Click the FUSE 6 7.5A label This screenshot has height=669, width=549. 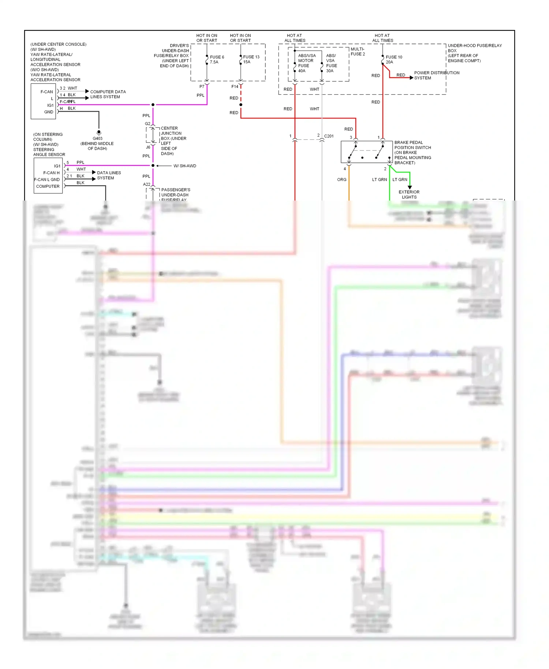pyautogui.click(x=217, y=60)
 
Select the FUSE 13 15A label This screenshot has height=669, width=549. pyautogui.click(x=251, y=59)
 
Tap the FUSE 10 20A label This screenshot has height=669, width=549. pyautogui.click(x=394, y=60)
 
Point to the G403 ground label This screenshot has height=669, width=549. pyautogui.click(x=97, y=138)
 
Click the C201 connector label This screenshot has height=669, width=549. pyautogui.click(x=329, y=136)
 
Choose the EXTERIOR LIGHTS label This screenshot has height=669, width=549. pyautogui.click(x=409, y=194)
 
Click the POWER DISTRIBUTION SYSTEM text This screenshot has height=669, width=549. pyautogui.click(x=436, y=75)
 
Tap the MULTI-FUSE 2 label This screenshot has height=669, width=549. pyautogui.click(x=358, y=52)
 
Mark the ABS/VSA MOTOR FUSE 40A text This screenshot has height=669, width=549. pyautogui.click(x=306, y=63)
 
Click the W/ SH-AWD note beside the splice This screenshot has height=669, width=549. pyautogui.click(x=184, y=166)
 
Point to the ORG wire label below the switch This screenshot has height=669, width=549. pyautogui.click(x=341, y=180)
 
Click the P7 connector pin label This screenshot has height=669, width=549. pyautogui.click(x=202, y=87)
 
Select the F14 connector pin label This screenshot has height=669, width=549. pyautogui.click(x=235, y=87)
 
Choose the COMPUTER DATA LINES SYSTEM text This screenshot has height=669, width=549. pyautogui.click(x=108, y=94)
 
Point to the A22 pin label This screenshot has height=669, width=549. pyautogui.click(x=146, y=184)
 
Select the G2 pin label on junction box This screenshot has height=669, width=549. pyautogui.click(x=147, y=124)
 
